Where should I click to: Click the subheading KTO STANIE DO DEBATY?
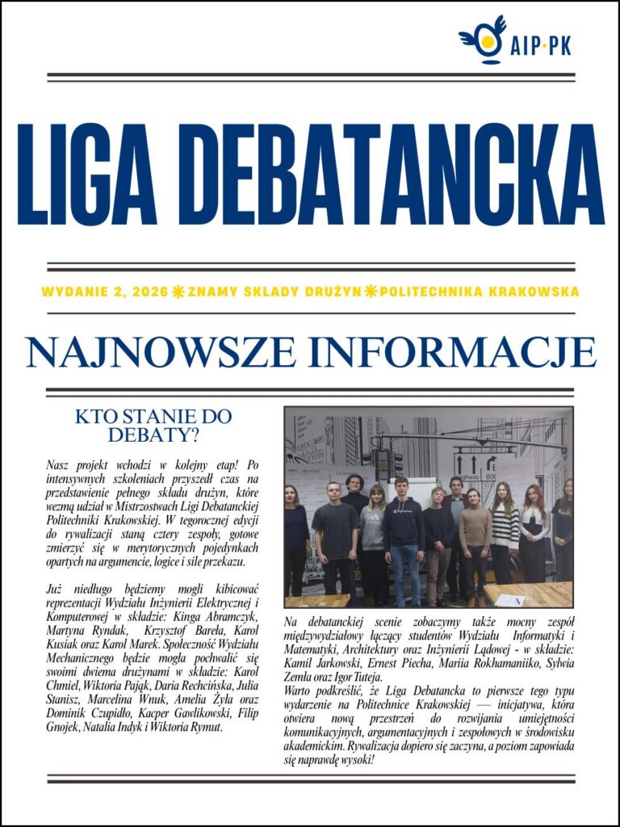pyautogui.click(x=153, y=426)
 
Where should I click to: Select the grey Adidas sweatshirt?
pyautogui.click(x=372, y=529)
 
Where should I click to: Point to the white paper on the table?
pyautogui.click(x=510, y=600)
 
